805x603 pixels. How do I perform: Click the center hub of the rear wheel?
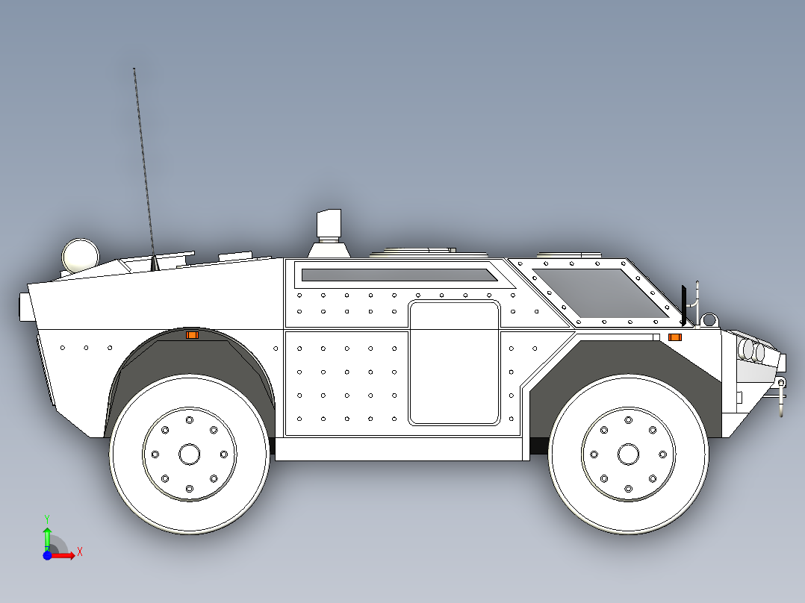[189, 453]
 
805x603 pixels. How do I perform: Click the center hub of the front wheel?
[628, 453]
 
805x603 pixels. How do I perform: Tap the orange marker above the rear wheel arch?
[192, 335]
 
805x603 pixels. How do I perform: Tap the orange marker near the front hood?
[674, 337]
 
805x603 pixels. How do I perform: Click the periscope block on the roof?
[329, 224]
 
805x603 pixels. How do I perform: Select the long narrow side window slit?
[399, 275]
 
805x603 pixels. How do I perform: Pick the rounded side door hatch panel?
[454, 363]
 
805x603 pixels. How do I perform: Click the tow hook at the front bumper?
[781, 396]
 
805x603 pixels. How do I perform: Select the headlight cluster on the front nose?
[754, 351]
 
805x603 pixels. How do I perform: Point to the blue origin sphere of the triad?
[47, 555]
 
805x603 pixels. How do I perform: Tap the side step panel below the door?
[399, 448]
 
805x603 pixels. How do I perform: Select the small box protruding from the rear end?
[23, 307]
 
